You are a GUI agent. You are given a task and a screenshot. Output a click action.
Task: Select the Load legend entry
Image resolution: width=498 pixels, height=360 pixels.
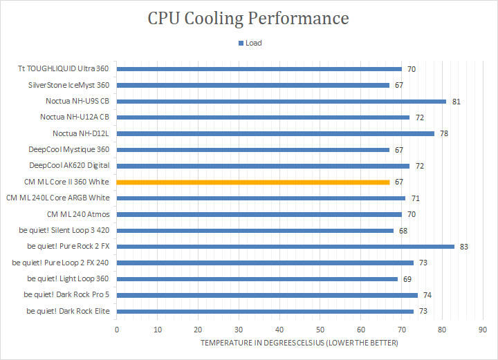(250, 43)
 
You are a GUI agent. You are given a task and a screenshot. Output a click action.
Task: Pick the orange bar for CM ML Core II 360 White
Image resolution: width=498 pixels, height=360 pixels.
(254, 182)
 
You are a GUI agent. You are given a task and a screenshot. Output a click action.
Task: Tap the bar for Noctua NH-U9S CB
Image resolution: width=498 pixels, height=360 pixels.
(282, 101)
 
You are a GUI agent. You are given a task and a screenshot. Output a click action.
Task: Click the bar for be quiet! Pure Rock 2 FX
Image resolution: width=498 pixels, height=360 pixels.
(286, 246)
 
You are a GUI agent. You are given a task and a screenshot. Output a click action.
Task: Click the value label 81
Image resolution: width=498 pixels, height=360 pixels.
(456, 102)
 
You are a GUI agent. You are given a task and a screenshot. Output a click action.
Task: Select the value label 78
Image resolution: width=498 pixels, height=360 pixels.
(444, 133)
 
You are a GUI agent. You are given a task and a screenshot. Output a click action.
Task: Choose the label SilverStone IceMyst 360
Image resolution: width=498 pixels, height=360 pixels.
(68, 85)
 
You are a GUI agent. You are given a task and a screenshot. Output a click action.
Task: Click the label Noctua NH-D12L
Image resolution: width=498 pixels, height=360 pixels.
(81, 133)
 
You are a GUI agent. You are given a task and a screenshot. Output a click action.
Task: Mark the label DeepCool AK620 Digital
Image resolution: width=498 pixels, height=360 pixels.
(69, 166)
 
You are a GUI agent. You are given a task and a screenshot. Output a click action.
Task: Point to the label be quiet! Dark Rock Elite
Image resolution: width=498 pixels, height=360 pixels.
(68, 311)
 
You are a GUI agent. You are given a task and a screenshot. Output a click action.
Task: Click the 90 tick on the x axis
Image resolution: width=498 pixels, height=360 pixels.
(482, 329)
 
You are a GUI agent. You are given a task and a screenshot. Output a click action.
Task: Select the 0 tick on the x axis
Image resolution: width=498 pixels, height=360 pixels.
(117, 329)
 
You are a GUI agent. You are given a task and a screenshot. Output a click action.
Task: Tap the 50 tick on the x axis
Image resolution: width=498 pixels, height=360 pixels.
(320, 329)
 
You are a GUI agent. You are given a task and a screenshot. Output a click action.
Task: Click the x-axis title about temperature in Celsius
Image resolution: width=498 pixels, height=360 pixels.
(299, 343)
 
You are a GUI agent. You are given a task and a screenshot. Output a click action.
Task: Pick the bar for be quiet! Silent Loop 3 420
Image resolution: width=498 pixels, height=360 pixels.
(255, 230)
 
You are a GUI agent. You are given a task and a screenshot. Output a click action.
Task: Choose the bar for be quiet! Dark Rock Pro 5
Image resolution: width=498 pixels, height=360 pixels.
(267, 294)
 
